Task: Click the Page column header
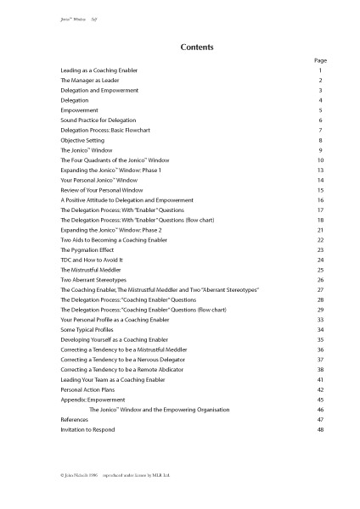coord(320,61)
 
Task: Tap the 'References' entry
coord(76,420)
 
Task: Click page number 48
coord(320,430)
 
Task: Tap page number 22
coord(320,240)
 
